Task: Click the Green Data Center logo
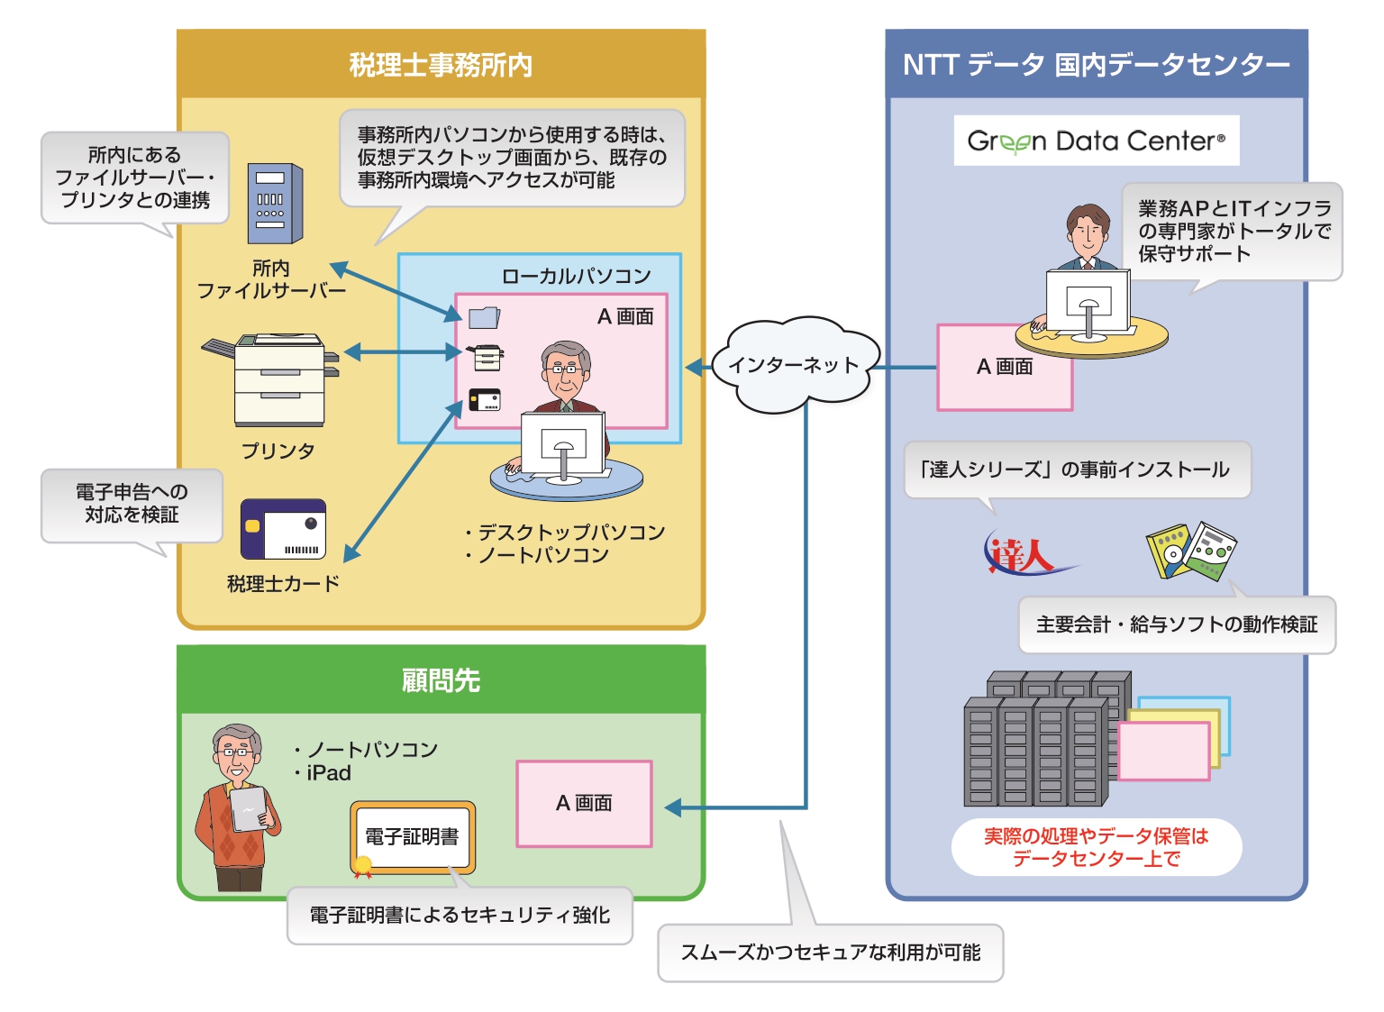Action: pyautogui.click(x=1096, y=141)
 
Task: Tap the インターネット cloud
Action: pyautogui.click(x=793, y=365)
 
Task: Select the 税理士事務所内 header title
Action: pyautogui.click(x=441, y=65)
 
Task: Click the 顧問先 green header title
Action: pyautogui.click(x=441, y=680)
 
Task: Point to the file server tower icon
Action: pyautogui.click(x=274, y=204)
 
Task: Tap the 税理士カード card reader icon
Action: pyautogui.click(x=283, y=530)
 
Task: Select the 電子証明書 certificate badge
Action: pyautogui.click(x=412, y=837)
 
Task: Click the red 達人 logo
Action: pyautogui.click(x=1023, y=553)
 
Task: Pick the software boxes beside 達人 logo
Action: pyautogui.click(x=1190, y=551)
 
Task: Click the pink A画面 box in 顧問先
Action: pyautogui.click(x=584, y=804)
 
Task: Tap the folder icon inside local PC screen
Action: pyautogui.click(x=484, y=316)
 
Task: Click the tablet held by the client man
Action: pyautogui.click(x=248, y=807)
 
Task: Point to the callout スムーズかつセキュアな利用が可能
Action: pyautogui.click(x=830, y=953)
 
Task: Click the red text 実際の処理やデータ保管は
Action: pyautogui.click(x=1096, y=836)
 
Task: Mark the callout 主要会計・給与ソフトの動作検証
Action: pyautogui.click(x=1177, y=625)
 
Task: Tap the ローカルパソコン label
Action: pyautogui.click(x=576, y=276)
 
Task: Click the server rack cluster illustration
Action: pyautogui.click(x=1045, y=739)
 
